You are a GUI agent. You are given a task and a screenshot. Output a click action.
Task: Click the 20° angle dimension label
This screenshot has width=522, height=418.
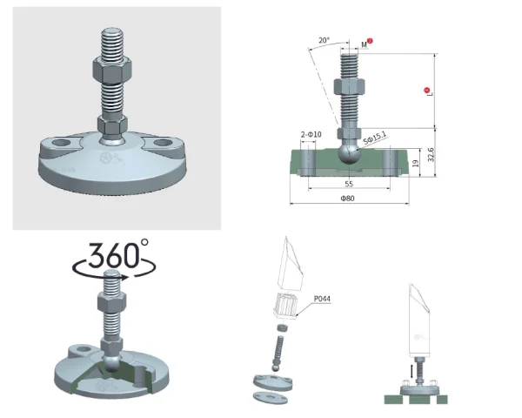coord(324,40)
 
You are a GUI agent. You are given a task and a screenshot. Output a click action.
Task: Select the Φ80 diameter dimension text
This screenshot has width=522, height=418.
coord(347,199)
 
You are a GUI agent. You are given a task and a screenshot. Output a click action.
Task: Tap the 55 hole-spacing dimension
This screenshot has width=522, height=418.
coord(349,184)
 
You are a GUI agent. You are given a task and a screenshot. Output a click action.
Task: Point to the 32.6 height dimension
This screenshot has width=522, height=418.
coord(431,155)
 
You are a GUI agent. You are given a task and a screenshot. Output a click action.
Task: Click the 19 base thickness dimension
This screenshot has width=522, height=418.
coord(415,164)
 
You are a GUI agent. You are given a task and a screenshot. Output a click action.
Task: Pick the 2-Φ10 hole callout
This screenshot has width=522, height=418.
coord(311,134)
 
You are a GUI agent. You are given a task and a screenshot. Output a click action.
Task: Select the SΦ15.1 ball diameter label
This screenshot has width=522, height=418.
coord(374,138)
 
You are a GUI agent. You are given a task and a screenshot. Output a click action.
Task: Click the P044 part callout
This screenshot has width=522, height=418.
coord(322,299)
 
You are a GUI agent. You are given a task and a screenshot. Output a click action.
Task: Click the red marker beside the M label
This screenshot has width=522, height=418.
coord(370,41)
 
